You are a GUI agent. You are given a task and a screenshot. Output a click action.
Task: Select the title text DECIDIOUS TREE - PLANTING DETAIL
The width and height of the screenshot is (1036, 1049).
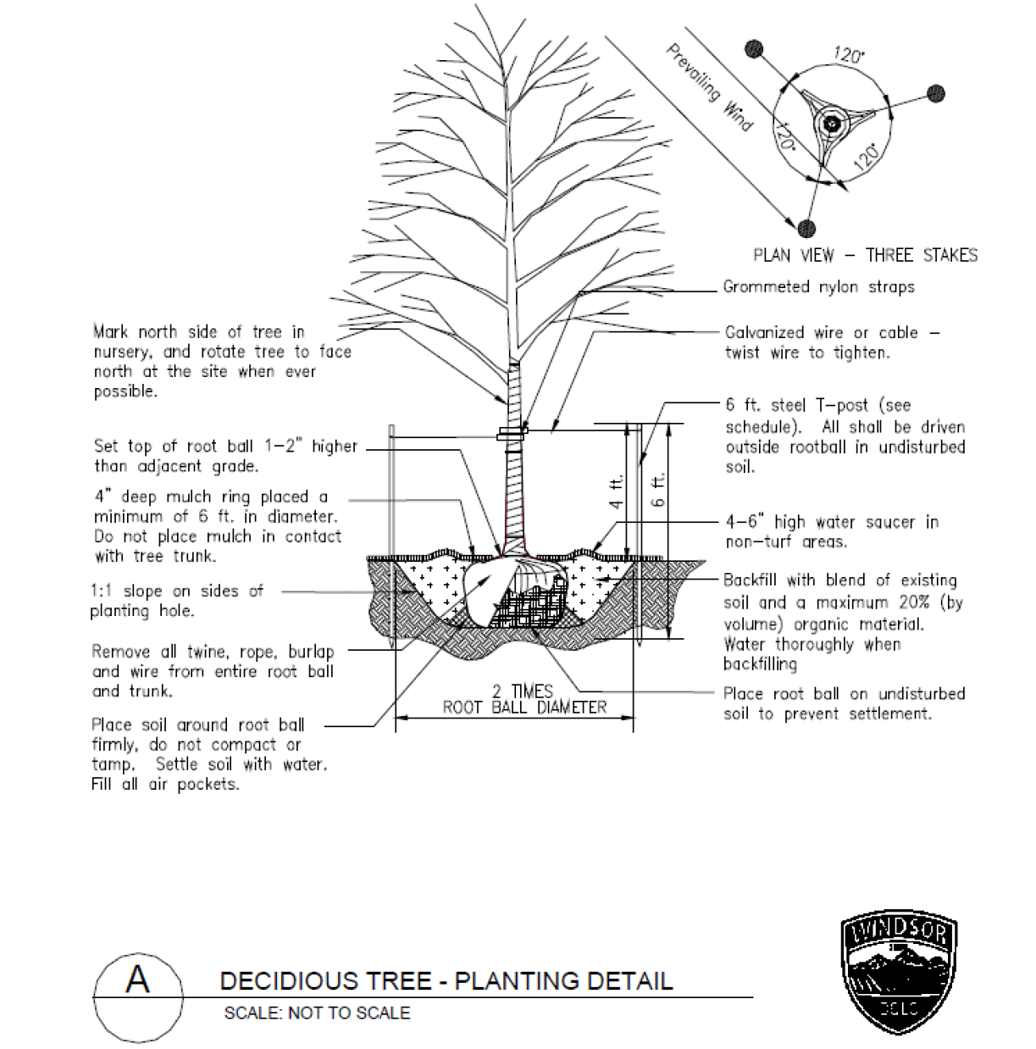click(446, 981)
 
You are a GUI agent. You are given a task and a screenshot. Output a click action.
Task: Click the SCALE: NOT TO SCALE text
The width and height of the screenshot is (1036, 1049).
click(317, 1013)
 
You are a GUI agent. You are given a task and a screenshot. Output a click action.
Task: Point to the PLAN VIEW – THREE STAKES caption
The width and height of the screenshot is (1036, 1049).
click(865, 255)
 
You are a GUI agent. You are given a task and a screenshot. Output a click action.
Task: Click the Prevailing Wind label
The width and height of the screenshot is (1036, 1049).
click(709, 87)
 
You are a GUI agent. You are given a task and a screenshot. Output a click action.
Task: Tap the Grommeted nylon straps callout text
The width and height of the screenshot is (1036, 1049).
click(818, 286)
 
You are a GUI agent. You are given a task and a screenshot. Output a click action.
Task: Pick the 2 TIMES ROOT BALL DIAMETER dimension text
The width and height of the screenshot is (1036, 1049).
click(524, 700)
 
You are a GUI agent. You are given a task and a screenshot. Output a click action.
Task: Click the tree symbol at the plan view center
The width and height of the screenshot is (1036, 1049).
click(831, 124)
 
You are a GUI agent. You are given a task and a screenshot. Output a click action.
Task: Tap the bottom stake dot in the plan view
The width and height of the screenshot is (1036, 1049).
click(806, 227)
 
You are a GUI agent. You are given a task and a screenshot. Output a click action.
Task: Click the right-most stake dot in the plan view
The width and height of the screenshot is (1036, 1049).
click(935, 93)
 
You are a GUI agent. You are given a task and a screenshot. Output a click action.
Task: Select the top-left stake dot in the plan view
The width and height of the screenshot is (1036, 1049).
click(754, 49)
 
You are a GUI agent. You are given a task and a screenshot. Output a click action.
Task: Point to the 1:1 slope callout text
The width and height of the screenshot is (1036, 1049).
click(176, 600)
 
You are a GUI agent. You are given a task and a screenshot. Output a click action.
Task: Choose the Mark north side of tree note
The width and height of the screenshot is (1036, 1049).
click(221, 361)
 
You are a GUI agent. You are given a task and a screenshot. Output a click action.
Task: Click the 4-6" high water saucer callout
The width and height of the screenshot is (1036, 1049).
click(832, 531)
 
